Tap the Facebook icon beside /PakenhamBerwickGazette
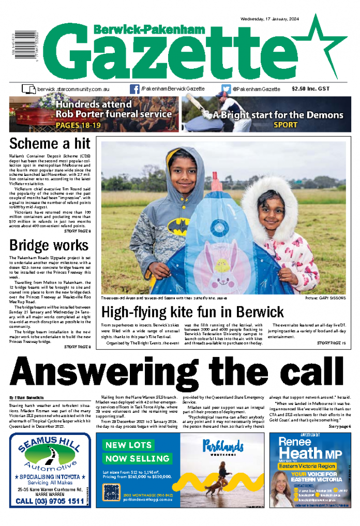click(x=134, y=89)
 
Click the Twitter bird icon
click(x=226, y=89)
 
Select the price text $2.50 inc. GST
click(x=318, y=89)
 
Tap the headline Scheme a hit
click(x=50, y=143)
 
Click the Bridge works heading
click(x=49, y=244)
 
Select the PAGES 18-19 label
click(x=78, y=125)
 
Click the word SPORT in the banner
click(x=286, y=125)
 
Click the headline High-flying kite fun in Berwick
click(x=192, y=312)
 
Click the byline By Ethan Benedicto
click(x=29, y=397)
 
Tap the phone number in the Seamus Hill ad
click(x=50, y=501)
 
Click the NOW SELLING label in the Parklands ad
click(x=130, y=459)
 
